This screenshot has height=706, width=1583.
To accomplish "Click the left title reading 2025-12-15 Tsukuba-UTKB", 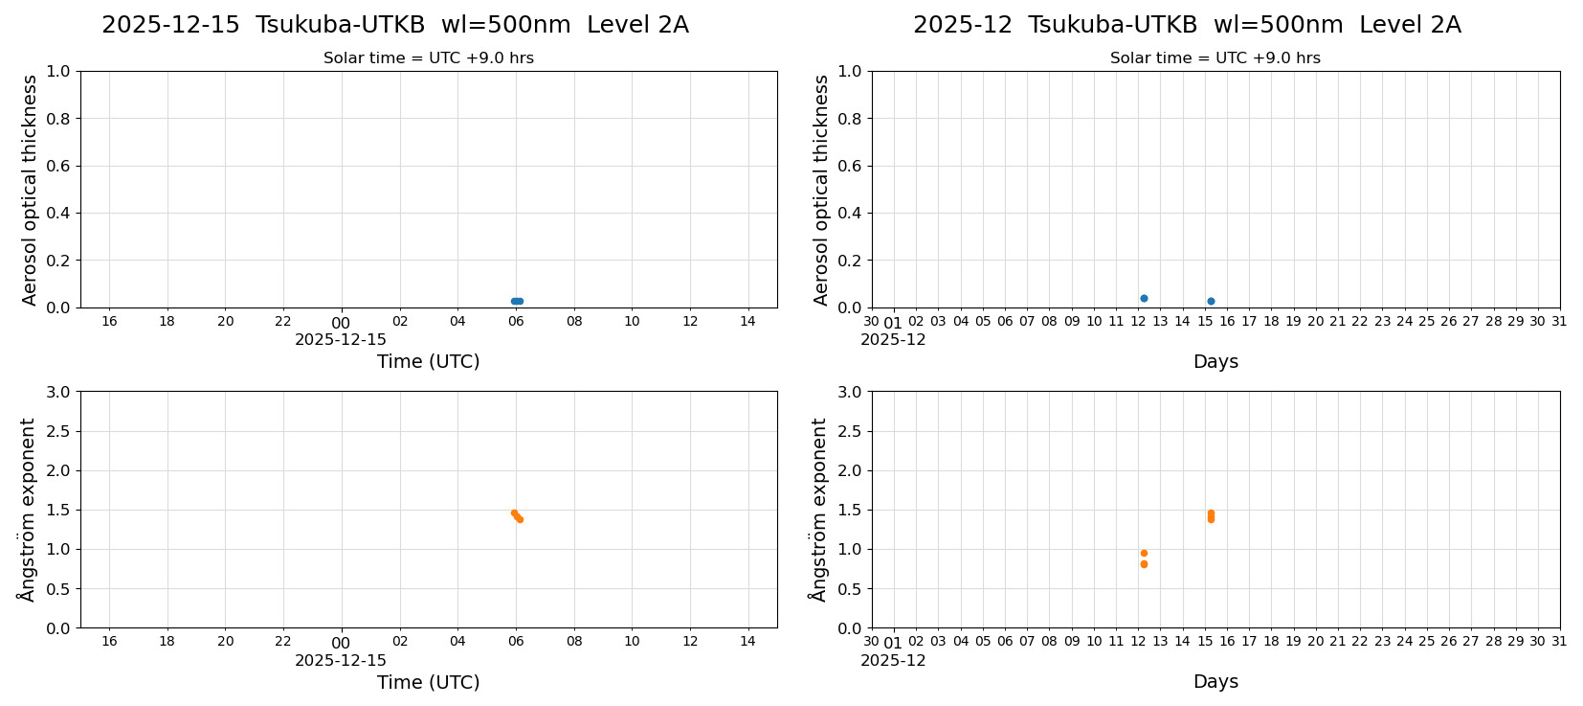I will pos(394,25).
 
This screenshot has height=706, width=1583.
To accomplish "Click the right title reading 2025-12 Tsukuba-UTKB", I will pos(1187,25).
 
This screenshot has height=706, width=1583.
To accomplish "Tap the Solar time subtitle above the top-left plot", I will pos(429,58).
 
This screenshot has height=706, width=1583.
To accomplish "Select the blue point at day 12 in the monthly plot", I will pos(1144,298).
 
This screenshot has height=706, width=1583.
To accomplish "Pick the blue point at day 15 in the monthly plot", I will pos(1211,301).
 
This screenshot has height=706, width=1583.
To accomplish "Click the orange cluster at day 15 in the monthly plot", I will pos(1211,516).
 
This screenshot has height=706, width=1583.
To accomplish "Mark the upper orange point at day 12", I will pos(1144,553).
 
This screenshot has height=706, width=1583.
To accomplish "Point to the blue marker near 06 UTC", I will pos(517,301).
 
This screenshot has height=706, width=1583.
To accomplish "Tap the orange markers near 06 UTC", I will pos(517,515).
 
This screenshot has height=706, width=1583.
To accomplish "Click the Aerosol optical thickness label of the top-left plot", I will pos(30,190).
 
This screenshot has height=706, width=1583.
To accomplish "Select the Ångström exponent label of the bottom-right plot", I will pos(818,510).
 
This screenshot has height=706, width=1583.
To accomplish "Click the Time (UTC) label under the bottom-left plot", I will pos(428,682).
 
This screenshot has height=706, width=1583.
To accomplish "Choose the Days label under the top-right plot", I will pos(1215,361).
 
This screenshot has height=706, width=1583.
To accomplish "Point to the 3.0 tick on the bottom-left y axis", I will pos(58,392).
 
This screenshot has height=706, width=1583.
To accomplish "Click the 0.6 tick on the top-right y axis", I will pos(850,166).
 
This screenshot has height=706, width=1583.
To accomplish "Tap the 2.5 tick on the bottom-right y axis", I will pos(850,431).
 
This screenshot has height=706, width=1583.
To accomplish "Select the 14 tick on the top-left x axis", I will pos(747,321).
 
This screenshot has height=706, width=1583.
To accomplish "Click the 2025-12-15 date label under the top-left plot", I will pos(341,339).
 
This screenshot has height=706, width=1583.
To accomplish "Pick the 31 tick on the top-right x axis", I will pos(1559,321).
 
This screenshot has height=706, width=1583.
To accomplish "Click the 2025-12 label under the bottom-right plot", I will pos(893,660).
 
